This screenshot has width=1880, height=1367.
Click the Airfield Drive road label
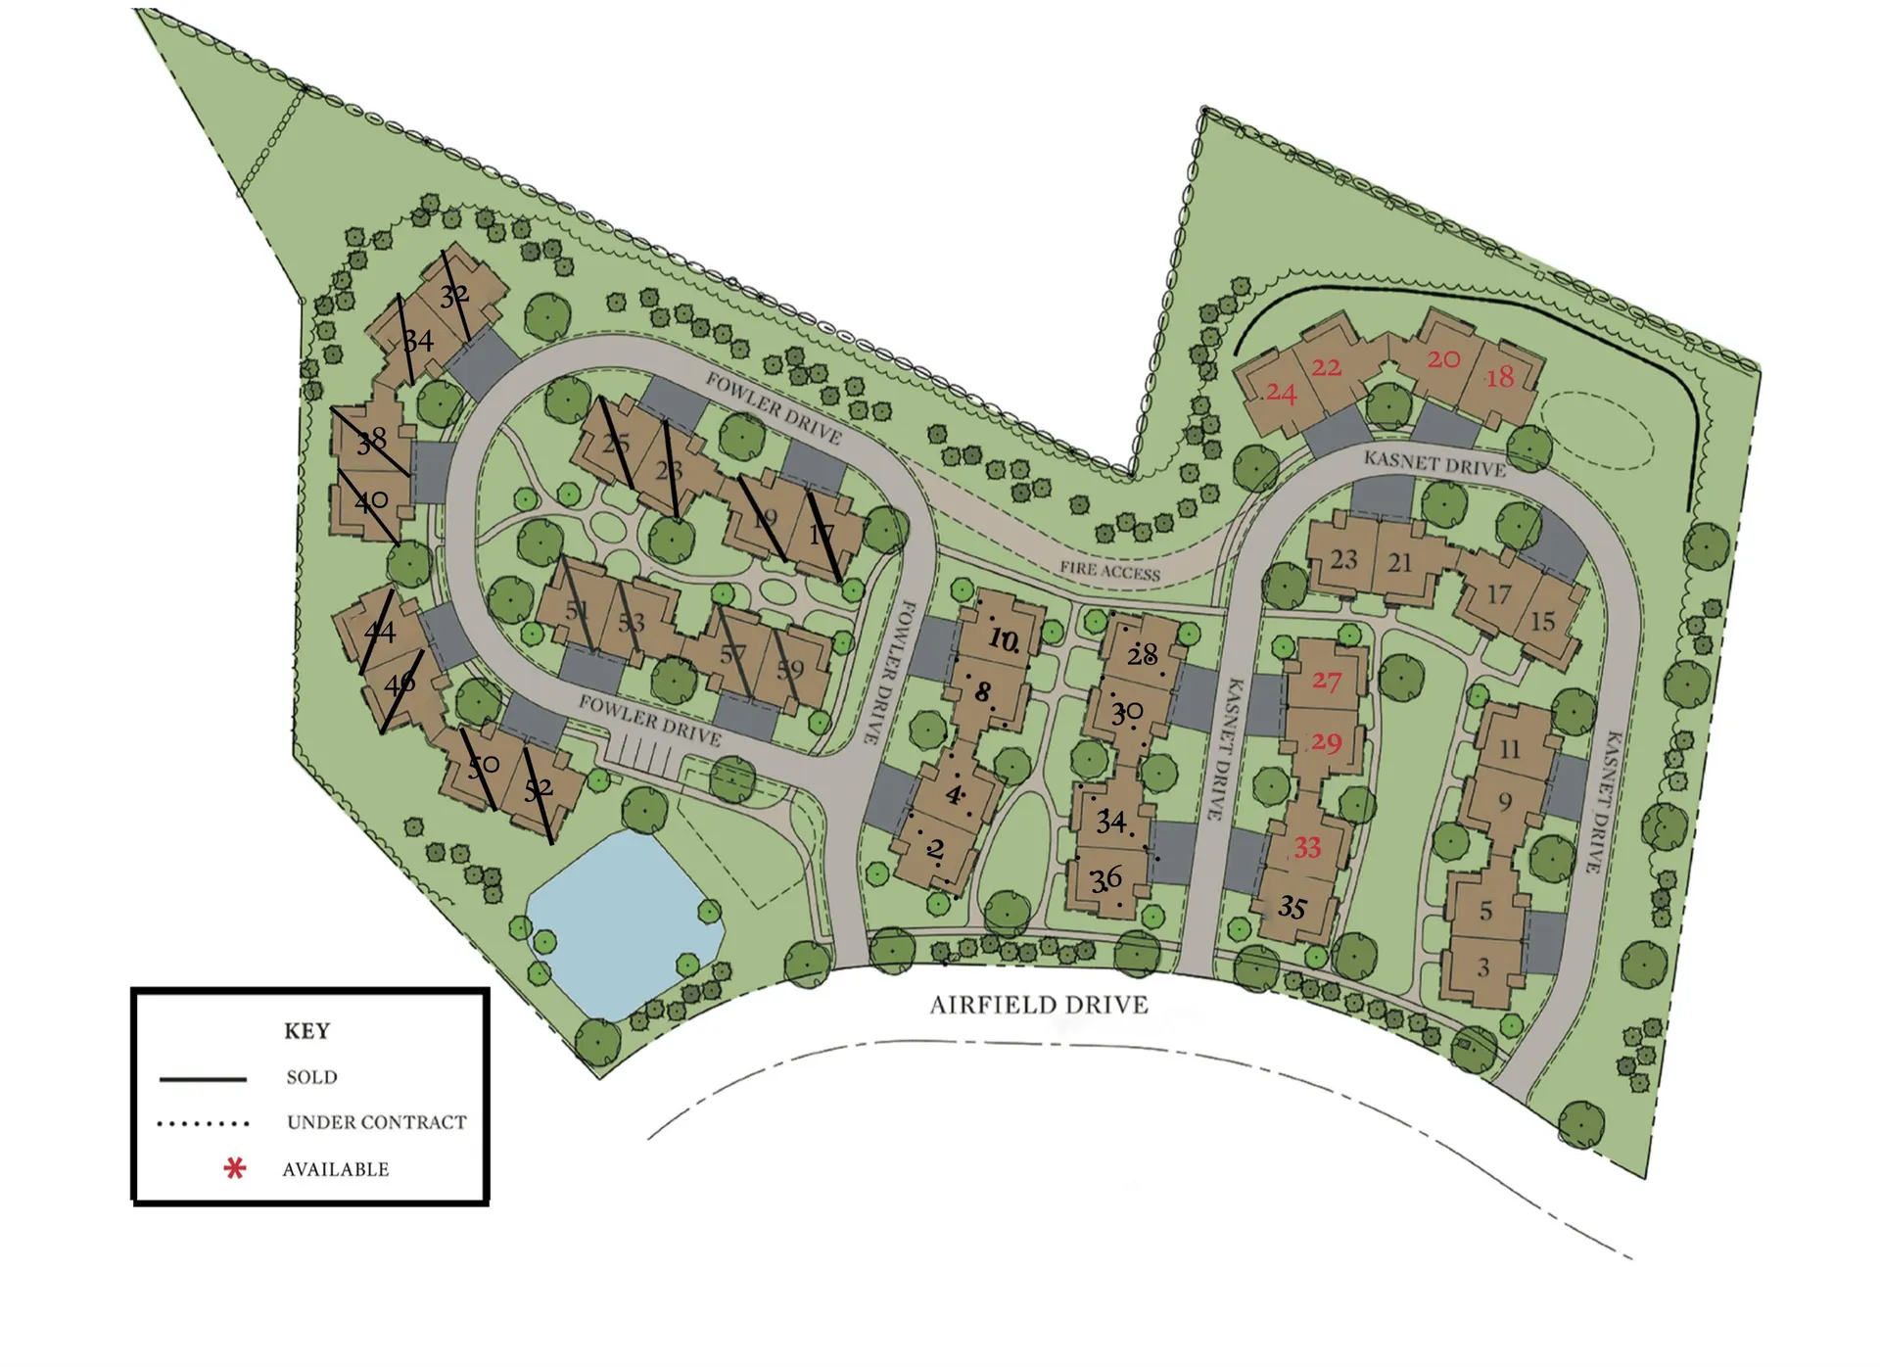coord(1038,1005)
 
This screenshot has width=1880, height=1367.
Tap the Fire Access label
coord(1109,570)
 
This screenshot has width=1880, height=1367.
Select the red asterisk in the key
coord(234,1168)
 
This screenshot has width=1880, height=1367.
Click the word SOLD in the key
coord(311,1077)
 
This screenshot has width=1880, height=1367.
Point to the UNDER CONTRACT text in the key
coord(376,1122)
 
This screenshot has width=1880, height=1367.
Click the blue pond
coord(623,920)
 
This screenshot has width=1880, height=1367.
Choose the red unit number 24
coord(1281,394)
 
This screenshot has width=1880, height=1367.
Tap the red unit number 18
coord(1499,377)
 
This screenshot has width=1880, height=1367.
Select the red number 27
coord(1327,681)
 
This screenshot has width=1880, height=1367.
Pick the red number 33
coord(1308,847)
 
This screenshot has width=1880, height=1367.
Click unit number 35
coord(1292,908)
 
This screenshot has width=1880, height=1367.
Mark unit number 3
coord(1483,968)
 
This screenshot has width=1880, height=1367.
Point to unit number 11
coord(1510,749)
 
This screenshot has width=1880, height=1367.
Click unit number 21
coord(1400,563)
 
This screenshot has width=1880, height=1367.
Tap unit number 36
coord(1106,879)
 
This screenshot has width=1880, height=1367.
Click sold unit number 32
coord(454,295)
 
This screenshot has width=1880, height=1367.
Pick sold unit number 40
coord(371,501)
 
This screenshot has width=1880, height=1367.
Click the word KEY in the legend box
coord(306,1031)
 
